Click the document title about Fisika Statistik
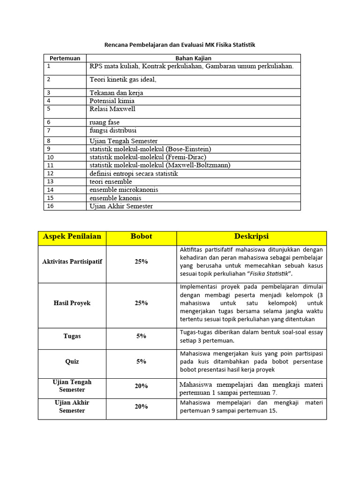(x=180, y=45)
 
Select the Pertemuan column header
(x=65, y=58)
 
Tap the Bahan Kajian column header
(x=193, y=58)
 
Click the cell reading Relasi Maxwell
(x=112, y=109)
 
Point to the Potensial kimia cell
(x=112, y=101)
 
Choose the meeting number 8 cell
(x=49, y=141)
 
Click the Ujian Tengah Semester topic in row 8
(x=123, y=141)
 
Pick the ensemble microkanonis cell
(x=124, y=190)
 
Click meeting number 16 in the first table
(x=51, y=206)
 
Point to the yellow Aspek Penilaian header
(x=72, y=237)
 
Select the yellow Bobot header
(x=141, y=237)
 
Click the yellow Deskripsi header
(x=251, y=237)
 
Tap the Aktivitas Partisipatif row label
(x=72, y=262)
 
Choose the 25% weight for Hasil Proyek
(x=141, y=303)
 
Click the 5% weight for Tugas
(x=141, y=336)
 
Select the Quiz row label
(x=72, y=361)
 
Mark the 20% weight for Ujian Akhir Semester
(x=141, y=407)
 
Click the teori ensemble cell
(x=111, y=181)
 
